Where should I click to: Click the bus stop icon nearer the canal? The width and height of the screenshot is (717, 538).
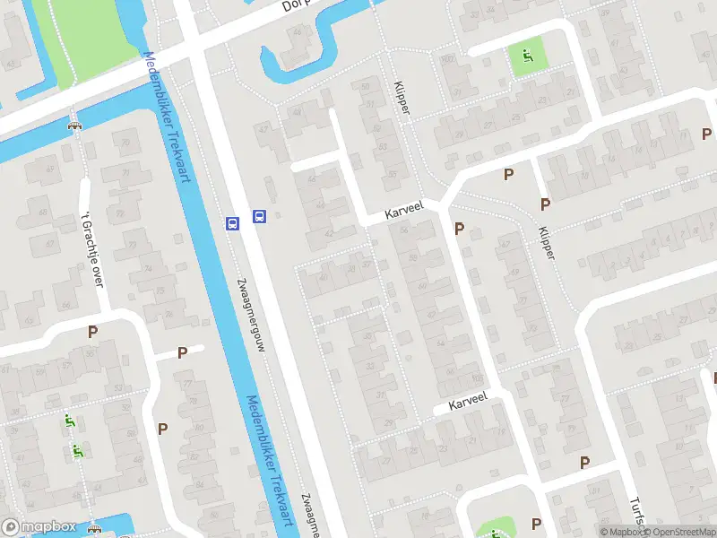(232, 224)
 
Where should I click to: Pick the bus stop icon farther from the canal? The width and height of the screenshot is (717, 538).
(259, 215)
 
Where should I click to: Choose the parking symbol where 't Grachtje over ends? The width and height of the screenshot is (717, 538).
(92, 332)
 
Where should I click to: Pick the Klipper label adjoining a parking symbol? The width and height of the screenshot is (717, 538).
(547, 240)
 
